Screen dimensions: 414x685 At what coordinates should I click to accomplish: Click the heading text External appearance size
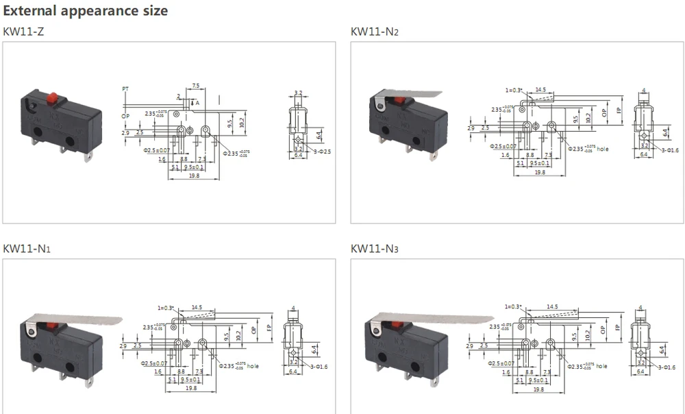pos(85,11)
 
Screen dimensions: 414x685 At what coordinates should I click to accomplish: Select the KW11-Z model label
pos(23,32)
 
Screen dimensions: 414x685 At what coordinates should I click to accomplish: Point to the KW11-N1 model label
pos(26,248)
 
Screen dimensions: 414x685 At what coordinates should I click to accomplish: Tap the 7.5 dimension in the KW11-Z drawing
pos(196,86)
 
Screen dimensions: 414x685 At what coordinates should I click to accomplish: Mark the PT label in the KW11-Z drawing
pos(125,89)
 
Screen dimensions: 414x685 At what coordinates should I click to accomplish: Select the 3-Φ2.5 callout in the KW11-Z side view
pos(321,150)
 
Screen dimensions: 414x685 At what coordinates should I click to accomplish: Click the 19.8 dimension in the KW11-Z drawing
pos(194,177)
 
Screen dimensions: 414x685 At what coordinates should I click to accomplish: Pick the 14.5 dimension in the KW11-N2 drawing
pos(540,90)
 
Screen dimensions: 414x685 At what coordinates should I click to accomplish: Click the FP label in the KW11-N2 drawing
pos(619,111)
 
